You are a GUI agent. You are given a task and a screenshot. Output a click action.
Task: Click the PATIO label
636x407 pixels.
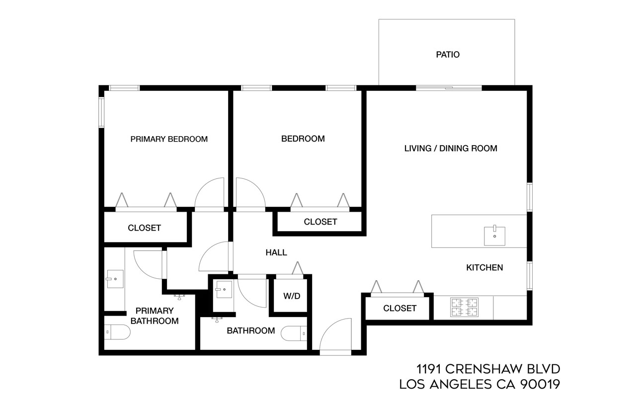448,55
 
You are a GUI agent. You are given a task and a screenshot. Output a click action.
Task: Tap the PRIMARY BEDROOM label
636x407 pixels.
169,139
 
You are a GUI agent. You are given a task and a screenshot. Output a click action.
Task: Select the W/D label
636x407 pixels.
292,296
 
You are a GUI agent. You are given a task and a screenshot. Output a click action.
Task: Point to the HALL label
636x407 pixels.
276,252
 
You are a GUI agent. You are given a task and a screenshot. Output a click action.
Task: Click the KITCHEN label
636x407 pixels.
484,267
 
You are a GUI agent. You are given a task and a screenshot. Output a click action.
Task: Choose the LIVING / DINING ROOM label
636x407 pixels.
451,148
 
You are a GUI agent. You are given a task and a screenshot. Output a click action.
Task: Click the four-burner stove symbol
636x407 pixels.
464,307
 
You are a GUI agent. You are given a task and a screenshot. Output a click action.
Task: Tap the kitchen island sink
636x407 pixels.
495,236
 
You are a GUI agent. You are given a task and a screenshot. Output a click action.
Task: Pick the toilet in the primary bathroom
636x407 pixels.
117,331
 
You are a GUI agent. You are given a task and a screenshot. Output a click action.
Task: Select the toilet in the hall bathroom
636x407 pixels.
295,333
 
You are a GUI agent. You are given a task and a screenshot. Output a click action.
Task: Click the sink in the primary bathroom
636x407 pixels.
115,279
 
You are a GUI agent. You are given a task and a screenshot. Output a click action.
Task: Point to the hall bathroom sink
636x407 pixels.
224,289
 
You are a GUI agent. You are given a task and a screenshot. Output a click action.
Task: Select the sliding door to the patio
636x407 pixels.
449,88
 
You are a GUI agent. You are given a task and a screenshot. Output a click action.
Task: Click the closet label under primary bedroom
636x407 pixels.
145,228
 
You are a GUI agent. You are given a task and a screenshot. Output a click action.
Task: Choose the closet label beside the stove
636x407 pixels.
400,308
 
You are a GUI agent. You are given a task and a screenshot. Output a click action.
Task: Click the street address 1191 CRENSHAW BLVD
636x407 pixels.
488,369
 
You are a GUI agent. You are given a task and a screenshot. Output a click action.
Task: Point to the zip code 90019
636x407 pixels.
540,384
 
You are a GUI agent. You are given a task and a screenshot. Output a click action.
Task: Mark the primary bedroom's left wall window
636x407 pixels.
101,112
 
